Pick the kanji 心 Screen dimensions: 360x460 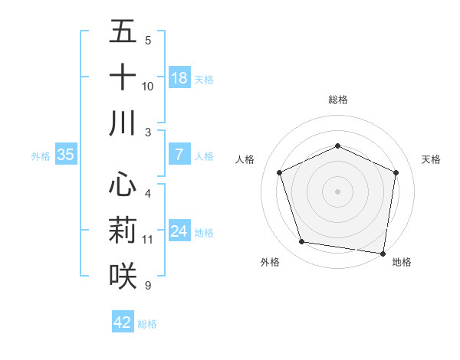point(123,184)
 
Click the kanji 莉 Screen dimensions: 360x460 point(123,230)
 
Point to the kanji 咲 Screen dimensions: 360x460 point(123,276)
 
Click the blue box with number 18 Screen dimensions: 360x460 point(179,78)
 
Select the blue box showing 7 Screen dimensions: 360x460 point(179,155)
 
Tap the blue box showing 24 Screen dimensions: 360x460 point(179,231)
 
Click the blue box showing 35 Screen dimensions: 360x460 point(65,155)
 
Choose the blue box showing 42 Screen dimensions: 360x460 point(123,322)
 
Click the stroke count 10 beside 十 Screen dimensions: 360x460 point(148,87)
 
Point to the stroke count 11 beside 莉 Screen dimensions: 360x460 point(148,240)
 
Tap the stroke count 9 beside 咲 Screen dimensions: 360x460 point(148,286)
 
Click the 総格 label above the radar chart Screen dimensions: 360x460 point(337,100)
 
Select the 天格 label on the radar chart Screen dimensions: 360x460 point(431,159)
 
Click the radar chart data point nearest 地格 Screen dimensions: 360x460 point(383,253)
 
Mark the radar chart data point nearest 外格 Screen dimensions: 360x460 point(302,242)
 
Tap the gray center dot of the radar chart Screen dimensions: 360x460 point(337,191)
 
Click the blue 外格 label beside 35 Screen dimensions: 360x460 point(41,155)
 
